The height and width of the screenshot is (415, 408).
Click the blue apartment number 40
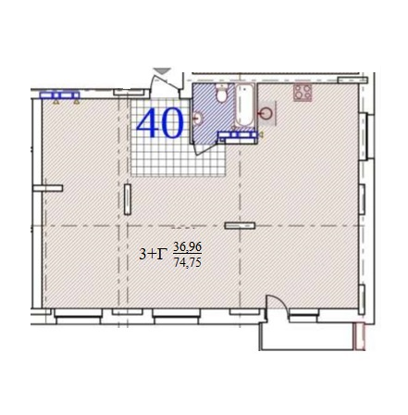[160, 123]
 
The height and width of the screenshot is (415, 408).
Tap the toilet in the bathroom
[221, 94]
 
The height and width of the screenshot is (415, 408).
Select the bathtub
[245, 106]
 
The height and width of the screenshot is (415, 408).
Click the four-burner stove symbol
[303, 92]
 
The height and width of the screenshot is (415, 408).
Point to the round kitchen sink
[266, 114]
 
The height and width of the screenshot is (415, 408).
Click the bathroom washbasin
[198, 118]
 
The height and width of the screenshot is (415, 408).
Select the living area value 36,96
[188, 246]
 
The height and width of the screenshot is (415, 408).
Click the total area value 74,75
[188, 262]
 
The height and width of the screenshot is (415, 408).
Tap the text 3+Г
[151, 254]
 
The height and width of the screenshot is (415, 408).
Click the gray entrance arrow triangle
[163, 70]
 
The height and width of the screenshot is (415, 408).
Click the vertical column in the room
[128, 199]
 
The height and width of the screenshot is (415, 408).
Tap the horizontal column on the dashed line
[240, 226]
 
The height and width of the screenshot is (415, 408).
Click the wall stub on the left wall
[48, 188]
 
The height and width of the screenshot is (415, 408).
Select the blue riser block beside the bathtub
[237, 134]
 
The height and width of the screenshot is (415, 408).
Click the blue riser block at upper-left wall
[59, 95]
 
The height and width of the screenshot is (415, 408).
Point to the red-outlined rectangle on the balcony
[360, 336]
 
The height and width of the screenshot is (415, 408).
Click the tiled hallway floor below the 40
[178, 157]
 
